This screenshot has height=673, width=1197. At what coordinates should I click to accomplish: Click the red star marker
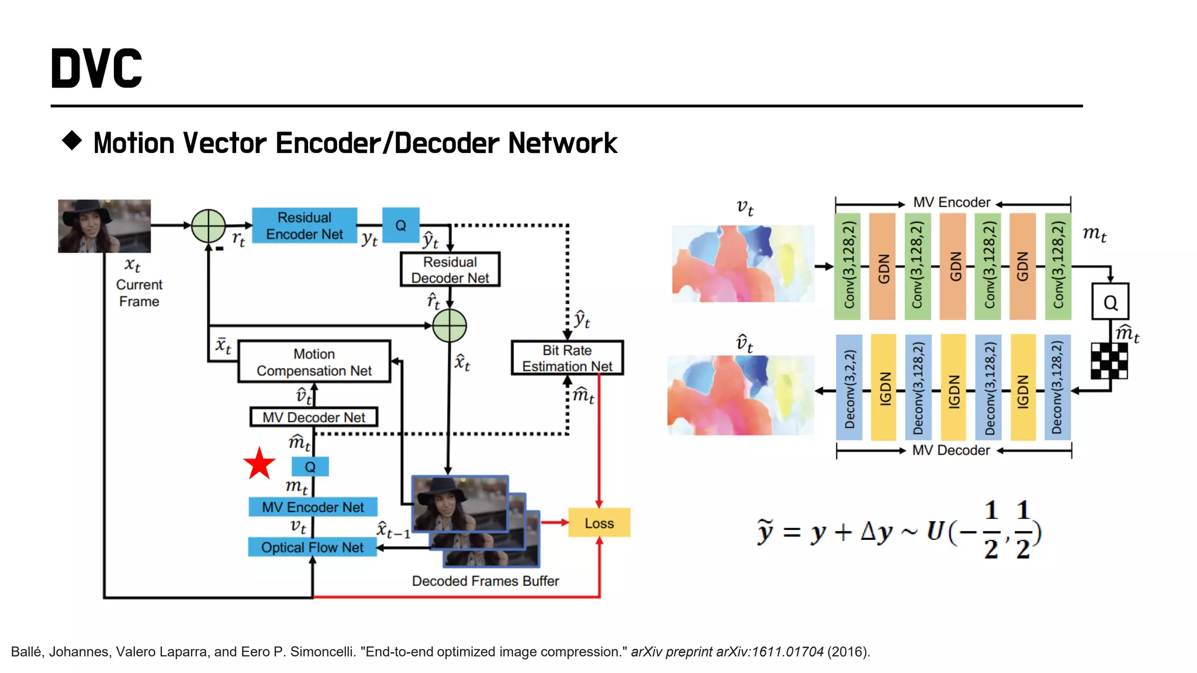pyautogui.click(x=259, y=464)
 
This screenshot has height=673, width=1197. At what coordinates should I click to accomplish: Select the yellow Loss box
pyautogui.click(x=599, y=523)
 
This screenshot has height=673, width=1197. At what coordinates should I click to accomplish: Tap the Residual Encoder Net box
pyautogui.click(x=305, y=226)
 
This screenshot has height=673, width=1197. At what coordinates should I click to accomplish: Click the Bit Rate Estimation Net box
pyautogui.click(x=567, y=358)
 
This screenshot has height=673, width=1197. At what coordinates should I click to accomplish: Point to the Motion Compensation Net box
pyautogui.click(x=314, y=362)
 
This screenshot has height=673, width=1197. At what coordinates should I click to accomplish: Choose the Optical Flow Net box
pyautogui.click(x=312, y=547)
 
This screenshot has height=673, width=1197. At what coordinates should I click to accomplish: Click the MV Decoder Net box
pyautogui.click(x=314, y=417)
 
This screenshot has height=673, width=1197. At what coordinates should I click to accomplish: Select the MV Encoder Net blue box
pyautogui.click(x=313, y=507)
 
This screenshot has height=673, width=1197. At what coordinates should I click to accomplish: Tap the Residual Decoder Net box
pyautogui.click(x=450, y=269)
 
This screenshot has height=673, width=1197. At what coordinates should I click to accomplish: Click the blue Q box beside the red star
pyautogui.click(x=310, y=467)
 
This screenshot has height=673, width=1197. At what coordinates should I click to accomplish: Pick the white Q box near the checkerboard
pyautogui.click(x=1110, y=302)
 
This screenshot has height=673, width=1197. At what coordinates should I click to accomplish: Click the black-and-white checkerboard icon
pyautogui.click(x=1109, y=361)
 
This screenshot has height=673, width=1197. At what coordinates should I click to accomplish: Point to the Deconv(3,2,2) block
pyautogui.click(x=849, y=387)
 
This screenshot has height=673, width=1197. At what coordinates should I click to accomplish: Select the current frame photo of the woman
pyautogui.click(x=105, y=226)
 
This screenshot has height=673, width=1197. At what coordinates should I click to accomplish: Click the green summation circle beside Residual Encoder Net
pyautogui.click(x=209, y=226)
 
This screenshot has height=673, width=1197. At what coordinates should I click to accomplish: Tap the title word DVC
pyautogui.click(x=96, y=69)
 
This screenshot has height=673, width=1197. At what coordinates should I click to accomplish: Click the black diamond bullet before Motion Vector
pyautogui.click(x=72, y=141)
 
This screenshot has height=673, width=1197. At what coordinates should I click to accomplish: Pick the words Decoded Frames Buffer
pyautogui.click(x=485, y=581)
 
